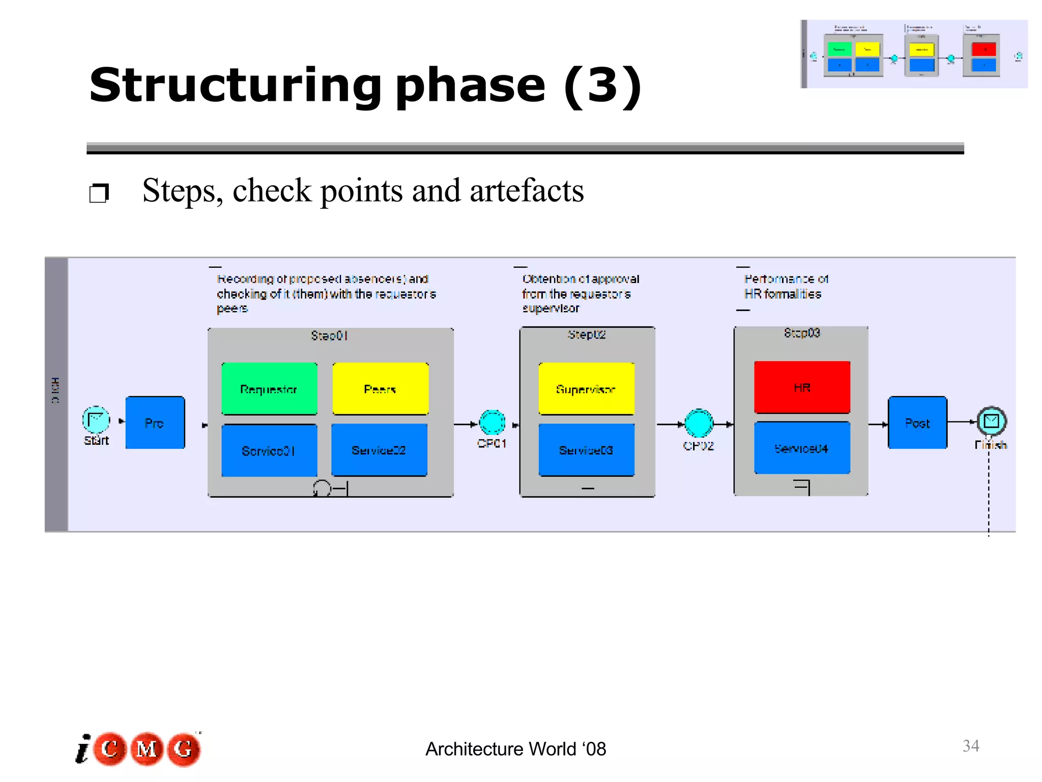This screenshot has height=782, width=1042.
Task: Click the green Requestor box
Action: click(x=269, y=388)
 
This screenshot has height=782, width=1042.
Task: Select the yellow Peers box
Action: click(x=380, y=388)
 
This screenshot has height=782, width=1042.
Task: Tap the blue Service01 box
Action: click(x=269, y=450)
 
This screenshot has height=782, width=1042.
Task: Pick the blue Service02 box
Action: click(x=379, y=450)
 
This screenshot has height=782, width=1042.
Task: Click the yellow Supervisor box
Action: click(x=586, y=388)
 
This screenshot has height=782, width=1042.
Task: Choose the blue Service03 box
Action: click(x=586, y=450)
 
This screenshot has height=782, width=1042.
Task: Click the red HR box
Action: click(x=802, y=387)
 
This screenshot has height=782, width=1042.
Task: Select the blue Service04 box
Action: click(x=802, y=448)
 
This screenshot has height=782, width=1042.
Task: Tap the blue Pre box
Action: click(x=155, y=423)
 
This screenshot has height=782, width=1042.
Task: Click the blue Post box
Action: click(x=917, y=423)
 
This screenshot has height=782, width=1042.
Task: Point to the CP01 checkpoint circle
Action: click(x=492, y=423)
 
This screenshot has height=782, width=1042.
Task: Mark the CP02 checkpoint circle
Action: click(x=699, y=423)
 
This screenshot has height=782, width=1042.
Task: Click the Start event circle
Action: click(x=96, y=420)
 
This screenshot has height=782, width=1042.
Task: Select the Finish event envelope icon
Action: click(x=991, y=421)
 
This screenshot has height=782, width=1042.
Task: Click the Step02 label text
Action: click(x=587, y=334)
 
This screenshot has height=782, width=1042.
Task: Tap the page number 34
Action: click(x=971, y=746)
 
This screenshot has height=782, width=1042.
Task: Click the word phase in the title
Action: click(x=470, y=86)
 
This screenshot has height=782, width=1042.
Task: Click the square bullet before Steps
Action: click(x=99, y=193)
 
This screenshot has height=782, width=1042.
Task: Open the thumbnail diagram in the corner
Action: click(x=914, y=54)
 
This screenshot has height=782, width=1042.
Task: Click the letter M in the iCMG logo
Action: click(x=147, y=749)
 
